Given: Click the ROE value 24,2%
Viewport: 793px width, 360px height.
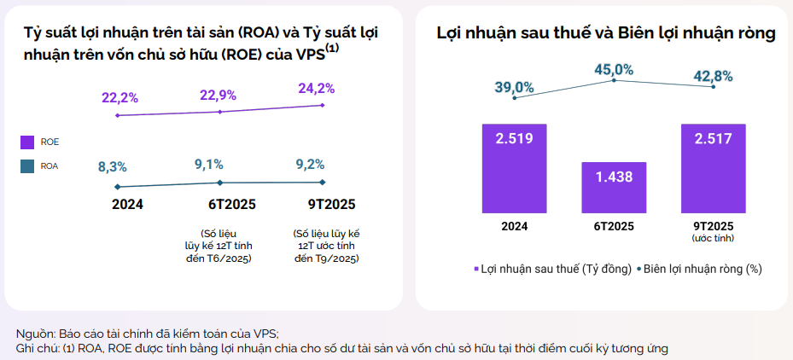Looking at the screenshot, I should click(x=316, y=88).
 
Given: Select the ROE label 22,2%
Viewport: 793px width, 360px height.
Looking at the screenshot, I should click(x=120, y=98).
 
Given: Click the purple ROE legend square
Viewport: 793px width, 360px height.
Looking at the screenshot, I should click(x=27, y=142).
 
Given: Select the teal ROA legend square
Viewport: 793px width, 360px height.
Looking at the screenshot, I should click(x=27, y=167).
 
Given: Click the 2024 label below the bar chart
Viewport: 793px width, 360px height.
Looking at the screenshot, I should click(x=514, y=226).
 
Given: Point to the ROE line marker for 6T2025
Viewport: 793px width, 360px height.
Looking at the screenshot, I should click(x=220, y=112).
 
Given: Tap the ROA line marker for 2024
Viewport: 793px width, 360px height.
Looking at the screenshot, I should click(x=117, y=187).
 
